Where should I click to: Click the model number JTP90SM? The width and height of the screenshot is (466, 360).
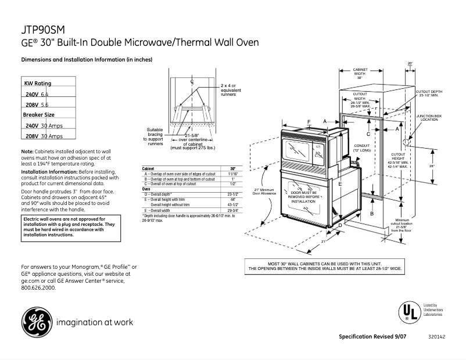pos(42,29)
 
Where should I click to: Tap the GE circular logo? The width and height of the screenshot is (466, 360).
pos(36,321)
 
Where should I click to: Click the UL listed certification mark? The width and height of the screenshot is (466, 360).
pos(408,312)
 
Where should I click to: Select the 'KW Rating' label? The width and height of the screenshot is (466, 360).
pos(38,84)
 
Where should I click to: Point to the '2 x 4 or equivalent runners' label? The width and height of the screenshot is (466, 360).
pos(231,89)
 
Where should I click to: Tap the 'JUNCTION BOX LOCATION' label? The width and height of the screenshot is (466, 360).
pos(429,118)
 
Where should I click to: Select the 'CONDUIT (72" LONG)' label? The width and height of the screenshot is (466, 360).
pos(361,148)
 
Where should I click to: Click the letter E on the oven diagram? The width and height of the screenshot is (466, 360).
pos(339,183)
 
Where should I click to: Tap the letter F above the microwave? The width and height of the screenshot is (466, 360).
pos(309,121)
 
